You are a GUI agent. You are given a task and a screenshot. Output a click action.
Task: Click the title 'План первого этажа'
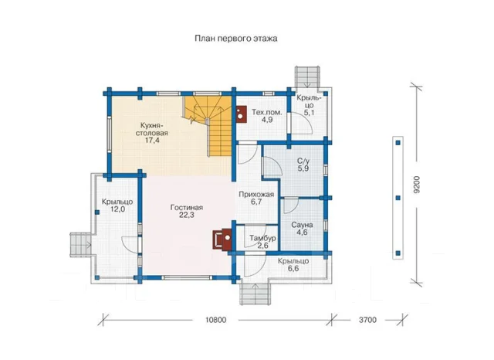(x=236, y=39)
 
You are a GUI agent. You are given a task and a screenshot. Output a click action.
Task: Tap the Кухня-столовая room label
(x=152, y=129)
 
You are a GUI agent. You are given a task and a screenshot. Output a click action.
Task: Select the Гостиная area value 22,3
(x=187, y=216)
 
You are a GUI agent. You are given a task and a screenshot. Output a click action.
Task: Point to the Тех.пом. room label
(x=267, y=112)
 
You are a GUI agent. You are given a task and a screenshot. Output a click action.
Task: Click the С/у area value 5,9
(x=303, y=168)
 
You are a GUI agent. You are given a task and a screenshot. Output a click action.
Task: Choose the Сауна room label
(x=302, y=225)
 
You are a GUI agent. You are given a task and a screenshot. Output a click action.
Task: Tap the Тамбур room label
(x=262, y=238)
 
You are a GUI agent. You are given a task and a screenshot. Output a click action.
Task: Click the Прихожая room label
(x=256, y=195)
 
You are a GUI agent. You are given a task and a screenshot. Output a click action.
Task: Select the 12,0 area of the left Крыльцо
(x=117, y=209)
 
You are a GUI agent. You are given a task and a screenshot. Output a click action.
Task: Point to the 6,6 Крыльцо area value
(x=293, y=269)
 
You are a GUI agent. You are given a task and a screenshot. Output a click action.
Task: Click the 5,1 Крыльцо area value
(x=309, y=113)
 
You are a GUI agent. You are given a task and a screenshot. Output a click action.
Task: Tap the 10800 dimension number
(x=216, y=320)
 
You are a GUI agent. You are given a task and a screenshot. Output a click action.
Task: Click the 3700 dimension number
(x=367, y=320)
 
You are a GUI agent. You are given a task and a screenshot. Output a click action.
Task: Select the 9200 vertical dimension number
(x=417, y=185)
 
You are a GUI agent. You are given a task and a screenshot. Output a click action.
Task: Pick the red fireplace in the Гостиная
(x=223, y=239)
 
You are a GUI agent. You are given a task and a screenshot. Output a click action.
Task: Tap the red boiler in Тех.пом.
(x=242, y=114)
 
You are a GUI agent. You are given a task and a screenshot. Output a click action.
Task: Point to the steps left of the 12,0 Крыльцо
(x=80, y=245)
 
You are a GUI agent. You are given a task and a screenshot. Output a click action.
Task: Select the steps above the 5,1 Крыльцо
(x=307, y=77)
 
